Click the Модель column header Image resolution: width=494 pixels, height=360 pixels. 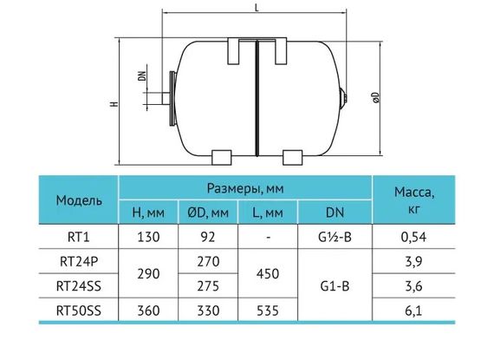tap(79, 200)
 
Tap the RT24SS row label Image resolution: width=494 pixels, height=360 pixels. tap(79, 284)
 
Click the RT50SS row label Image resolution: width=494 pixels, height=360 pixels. tap(79, 309)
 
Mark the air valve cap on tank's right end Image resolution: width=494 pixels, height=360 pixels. tap(344, 91)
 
